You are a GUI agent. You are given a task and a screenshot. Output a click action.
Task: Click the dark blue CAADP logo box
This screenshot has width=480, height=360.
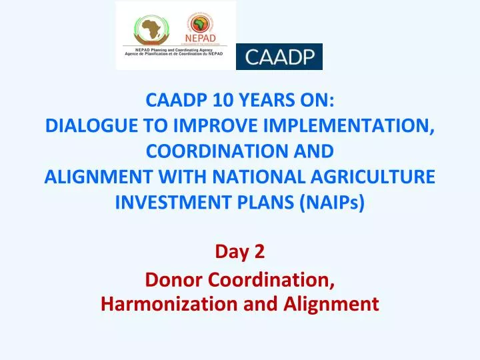(x=279, y=57)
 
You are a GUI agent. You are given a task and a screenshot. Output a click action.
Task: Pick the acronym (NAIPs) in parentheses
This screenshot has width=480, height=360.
(x=331, y=201)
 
